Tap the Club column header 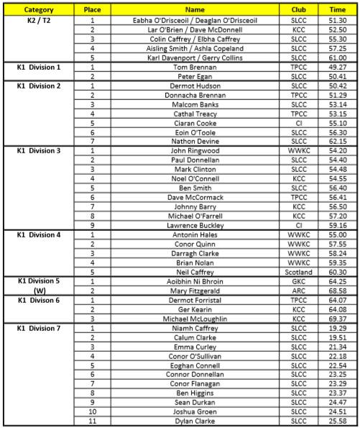[x=298, y=10]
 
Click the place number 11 [x=92, y=421]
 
